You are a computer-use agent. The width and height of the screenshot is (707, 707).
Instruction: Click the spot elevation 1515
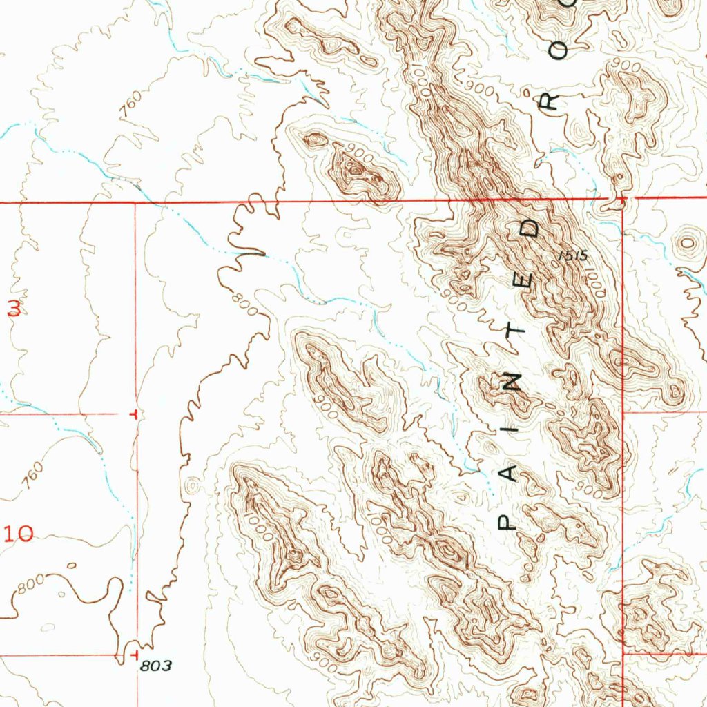[x=572, y=256]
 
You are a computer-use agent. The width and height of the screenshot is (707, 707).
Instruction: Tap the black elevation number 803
[x=155, y=666]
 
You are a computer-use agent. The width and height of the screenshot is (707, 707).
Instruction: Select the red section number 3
[x=14, y=309]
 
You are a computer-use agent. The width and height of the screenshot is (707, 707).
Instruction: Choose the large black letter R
[x=550, y=101]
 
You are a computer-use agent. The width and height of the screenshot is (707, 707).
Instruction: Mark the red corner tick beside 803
[x=135, y=652]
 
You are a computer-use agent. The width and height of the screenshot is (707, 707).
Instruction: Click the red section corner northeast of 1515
[x=621, y=200]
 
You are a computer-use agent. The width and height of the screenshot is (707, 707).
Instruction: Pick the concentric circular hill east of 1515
[x=688, y=243]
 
